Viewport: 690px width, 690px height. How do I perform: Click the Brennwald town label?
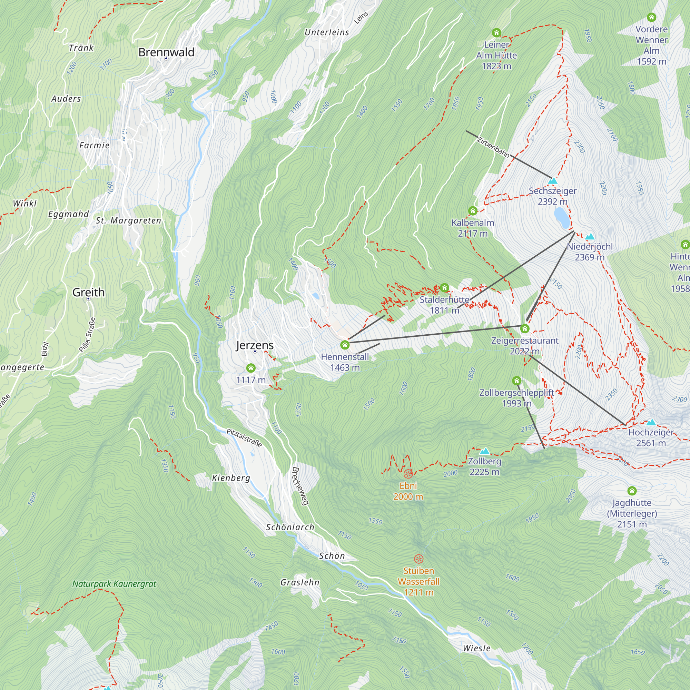166,52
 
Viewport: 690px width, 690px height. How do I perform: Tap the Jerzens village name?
255,345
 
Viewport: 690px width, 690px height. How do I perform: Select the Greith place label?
89,292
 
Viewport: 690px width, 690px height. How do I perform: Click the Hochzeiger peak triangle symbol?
651,423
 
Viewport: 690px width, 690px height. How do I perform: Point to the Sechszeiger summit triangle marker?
552,181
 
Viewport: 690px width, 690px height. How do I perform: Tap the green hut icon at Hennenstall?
345,345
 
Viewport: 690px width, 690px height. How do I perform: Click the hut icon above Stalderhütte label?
444,287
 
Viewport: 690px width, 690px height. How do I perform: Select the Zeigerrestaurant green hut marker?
524,328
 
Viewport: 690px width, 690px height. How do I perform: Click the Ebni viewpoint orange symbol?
408,474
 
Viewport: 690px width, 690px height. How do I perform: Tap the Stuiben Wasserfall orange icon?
418,559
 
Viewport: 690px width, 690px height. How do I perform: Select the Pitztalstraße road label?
244,438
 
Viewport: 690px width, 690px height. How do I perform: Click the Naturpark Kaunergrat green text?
114,584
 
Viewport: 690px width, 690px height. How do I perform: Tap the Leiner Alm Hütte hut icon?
496,33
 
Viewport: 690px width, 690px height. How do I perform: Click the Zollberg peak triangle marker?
484,451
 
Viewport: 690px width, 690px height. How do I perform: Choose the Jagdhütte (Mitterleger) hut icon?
632,490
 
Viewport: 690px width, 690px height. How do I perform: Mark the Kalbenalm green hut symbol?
473,211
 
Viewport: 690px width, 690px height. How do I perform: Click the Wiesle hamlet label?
476,648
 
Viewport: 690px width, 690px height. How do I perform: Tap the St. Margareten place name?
128,220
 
